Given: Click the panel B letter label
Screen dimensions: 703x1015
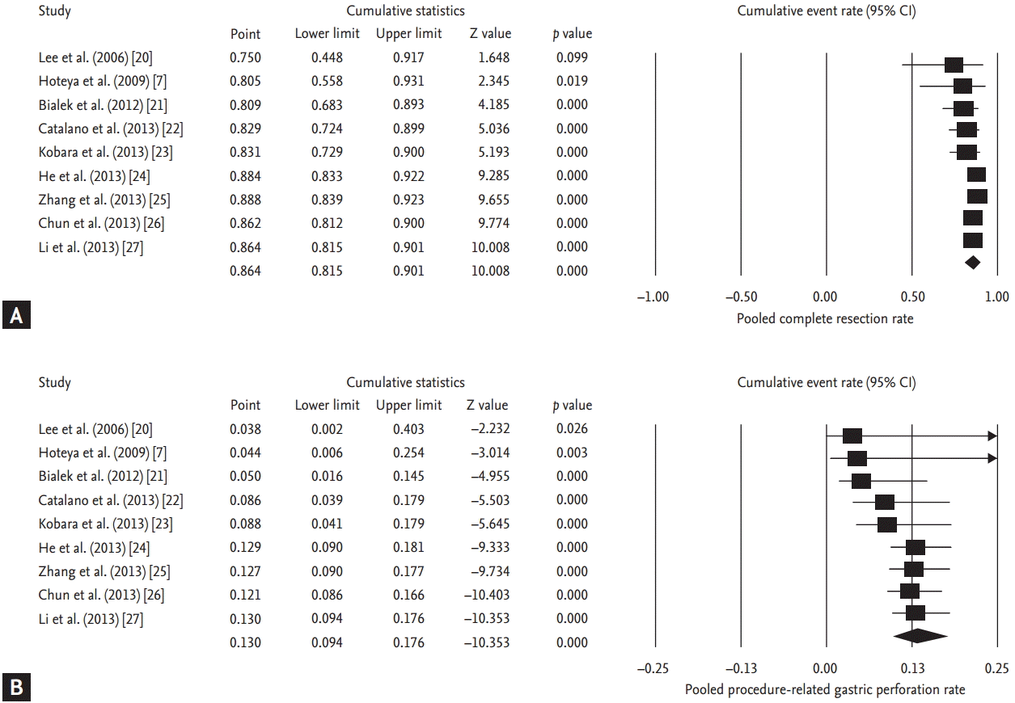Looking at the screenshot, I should point(15,688).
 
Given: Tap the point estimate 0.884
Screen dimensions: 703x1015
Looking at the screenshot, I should point(245,175).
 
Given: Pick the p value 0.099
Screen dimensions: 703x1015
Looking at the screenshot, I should point(572,57).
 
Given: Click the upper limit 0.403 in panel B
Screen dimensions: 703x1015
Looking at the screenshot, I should point(408,429).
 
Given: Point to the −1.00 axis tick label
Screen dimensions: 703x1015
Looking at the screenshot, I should point(653,297).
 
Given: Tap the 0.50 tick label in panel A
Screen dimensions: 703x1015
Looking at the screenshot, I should point(912,297).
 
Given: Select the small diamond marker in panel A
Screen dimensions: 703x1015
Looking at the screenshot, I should point(973,262).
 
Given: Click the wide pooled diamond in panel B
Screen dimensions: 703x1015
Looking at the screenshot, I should point(920,636).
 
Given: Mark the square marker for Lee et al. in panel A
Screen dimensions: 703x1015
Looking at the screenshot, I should point(954,65).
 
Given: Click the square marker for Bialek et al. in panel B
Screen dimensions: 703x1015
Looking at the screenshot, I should point(861,482).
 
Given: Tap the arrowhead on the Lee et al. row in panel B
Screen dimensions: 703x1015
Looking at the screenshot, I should point(992,436).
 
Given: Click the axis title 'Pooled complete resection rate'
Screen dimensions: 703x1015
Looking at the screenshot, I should point(824,318).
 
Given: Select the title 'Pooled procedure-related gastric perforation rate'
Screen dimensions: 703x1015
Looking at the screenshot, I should point(824,690).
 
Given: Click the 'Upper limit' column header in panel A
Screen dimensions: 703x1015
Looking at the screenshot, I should point(408,34).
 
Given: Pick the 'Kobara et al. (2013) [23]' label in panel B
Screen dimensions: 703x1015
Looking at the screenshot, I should point(105,524).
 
